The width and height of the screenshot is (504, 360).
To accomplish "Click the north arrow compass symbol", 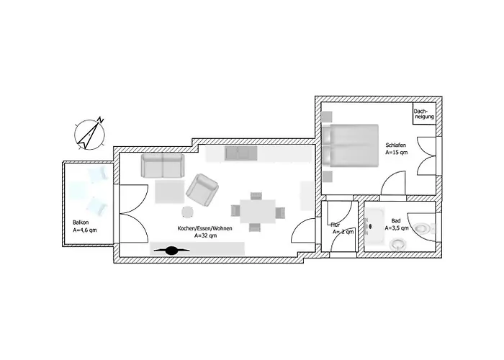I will click(x=90, y=132).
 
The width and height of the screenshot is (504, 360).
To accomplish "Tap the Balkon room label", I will click(x=80, y=222).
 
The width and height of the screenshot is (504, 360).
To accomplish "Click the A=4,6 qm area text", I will click(x=84, y=230).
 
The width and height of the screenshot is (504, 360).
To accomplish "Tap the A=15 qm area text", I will click(x=397, y=153).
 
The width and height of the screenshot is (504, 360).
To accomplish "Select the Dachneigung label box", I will click(x=423, y=114).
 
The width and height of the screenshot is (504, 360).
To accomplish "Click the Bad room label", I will click(x=396, y=220).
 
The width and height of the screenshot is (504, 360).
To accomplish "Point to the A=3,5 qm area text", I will click(x=397, y=228).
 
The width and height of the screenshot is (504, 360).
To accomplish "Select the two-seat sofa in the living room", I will click(x=163, y=166).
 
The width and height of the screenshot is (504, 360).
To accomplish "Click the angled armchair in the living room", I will click(x=202, y=189).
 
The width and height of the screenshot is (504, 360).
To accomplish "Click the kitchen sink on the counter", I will click(x=241, y=153).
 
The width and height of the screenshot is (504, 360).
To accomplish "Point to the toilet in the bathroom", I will click(x=397, y=244).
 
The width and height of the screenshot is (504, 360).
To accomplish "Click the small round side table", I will click(x=188, y=212).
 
